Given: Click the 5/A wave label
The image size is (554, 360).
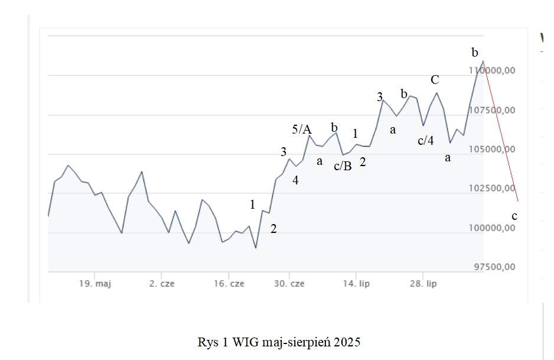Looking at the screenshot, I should tap(302, 129).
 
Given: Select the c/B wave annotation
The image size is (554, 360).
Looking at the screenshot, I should tap(343, 166).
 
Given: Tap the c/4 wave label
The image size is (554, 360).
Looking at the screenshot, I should tap(425, 141).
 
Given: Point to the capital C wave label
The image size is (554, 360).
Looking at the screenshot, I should tap(435, 80).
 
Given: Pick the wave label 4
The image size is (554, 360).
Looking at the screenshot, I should tap(295, 181).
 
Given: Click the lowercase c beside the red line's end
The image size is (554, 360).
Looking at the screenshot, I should tap(514, 216).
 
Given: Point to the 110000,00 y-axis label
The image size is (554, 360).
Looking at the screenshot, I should tap(493, 70).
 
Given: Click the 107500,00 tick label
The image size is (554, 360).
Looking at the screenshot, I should tap(493, 110).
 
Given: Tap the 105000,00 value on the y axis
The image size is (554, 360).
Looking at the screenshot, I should tap(493, 149).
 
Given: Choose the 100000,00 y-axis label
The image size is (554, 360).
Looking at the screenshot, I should tap(493, 228).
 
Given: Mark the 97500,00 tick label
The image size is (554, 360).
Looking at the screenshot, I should tap(495, 267).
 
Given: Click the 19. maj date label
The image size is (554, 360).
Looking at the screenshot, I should tap(95, 284).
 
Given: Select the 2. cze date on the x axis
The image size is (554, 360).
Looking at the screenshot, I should tap(162, 284).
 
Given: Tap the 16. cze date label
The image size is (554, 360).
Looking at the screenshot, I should tap(229, 284).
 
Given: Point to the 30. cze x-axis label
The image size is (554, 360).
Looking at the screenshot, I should tap(289, 284).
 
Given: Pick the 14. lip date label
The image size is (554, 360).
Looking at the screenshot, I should tap(356, 284).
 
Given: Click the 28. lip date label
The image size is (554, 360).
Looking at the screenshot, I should tap(423, 284).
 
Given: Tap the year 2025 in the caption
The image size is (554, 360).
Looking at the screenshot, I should tap(346, 342).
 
